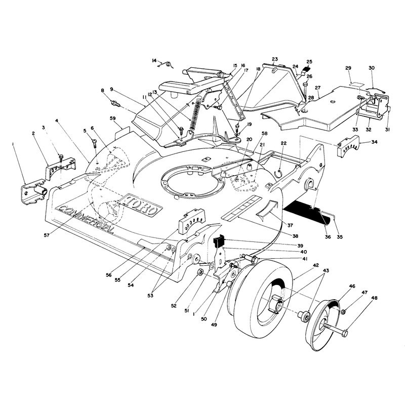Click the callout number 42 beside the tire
[x=316, y=265]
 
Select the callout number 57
[x=47, y=235]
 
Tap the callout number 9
[x=111, y=89]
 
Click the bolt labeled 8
[x=115, y=104]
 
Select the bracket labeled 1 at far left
[x=33, y=191]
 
